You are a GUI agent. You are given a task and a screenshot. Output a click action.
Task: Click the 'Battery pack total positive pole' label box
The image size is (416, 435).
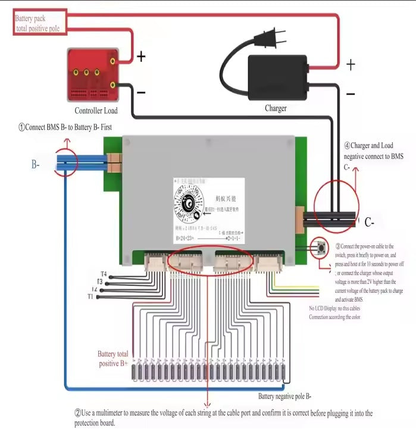click(39, 23)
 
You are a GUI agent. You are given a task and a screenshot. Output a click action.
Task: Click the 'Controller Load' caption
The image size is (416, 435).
click(96, 111)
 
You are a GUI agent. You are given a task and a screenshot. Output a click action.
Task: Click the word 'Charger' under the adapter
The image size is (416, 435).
click(276, 108)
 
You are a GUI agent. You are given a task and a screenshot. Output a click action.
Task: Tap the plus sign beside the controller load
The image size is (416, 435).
click(141, 57)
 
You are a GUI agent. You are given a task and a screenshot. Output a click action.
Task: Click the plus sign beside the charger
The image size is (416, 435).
click(351, 64)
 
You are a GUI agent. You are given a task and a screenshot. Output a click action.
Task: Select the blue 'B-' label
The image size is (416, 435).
click(36, 164)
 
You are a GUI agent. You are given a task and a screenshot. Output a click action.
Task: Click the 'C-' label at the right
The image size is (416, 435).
click(369, 223)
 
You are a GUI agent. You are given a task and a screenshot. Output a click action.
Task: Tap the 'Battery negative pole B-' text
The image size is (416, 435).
click(285, 396)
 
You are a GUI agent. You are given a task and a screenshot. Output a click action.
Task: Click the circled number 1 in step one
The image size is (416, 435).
click(21, 127)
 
